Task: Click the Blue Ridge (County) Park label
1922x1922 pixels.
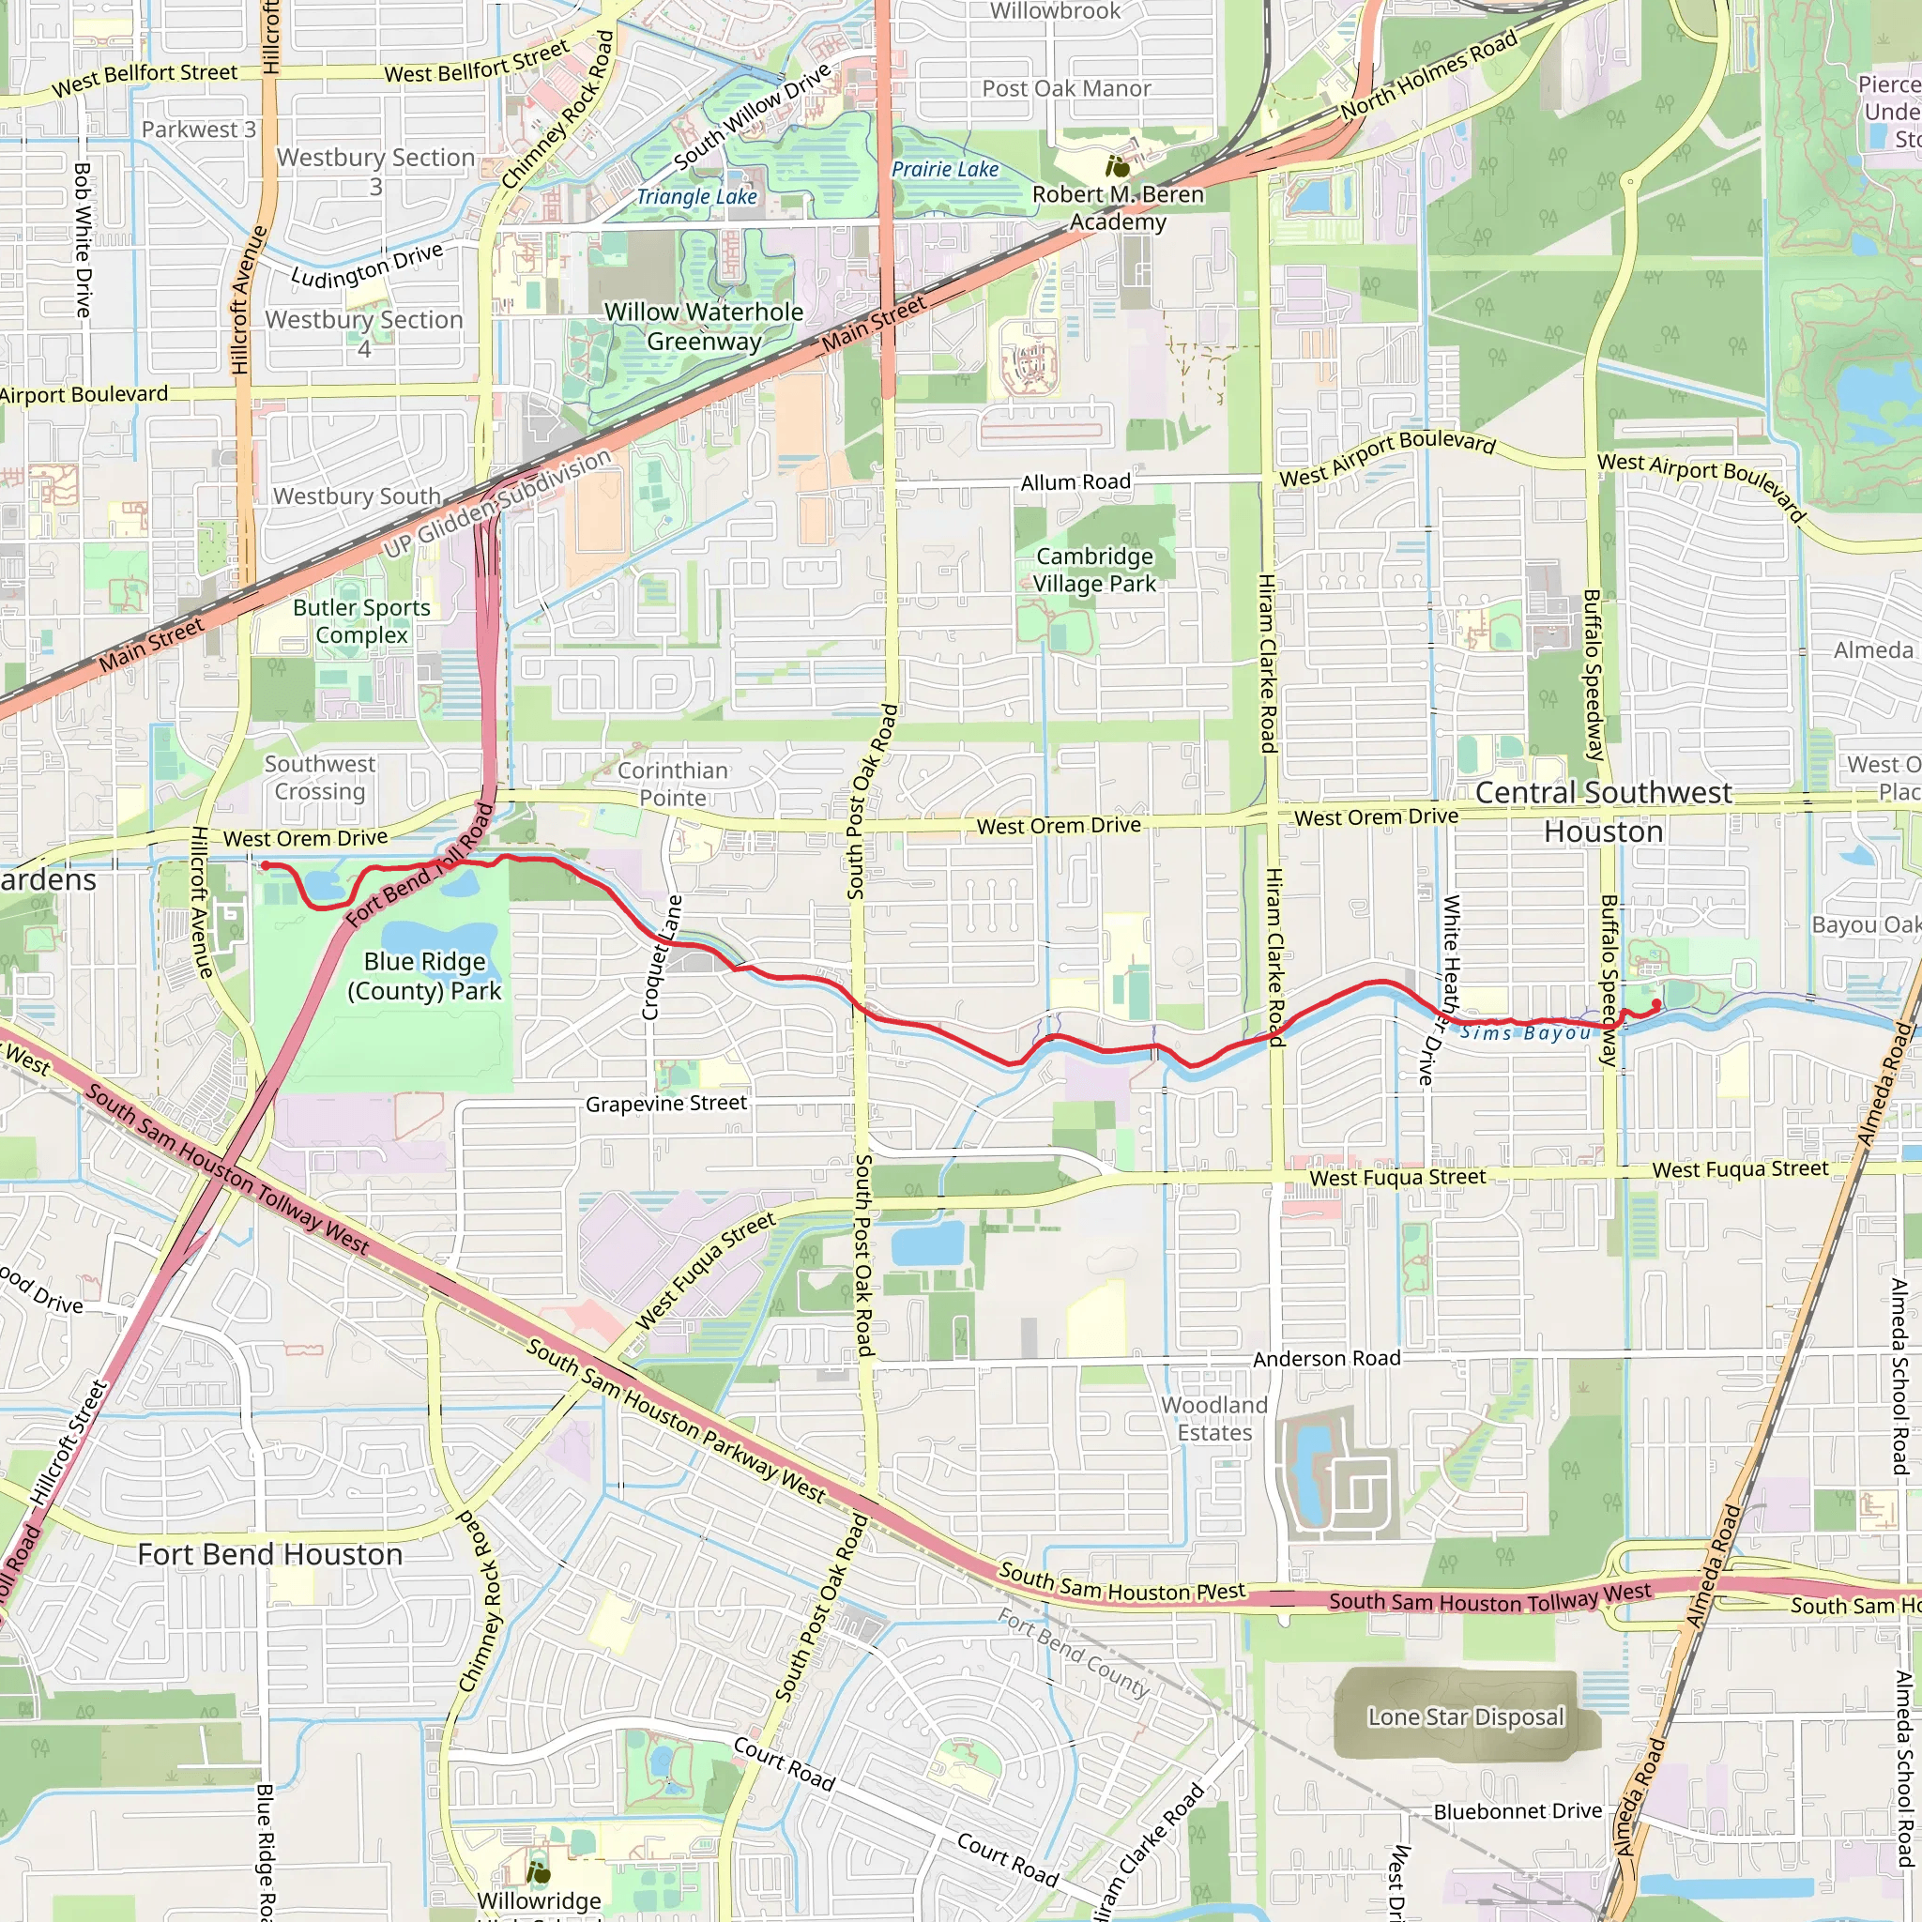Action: click(424, 976)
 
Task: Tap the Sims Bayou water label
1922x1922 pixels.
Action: click(1525, 1033)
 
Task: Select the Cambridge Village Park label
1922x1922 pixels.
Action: click(1094, 570)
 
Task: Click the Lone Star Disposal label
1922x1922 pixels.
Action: click(1465, 1717)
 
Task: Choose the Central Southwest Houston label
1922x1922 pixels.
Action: click(1604, 812)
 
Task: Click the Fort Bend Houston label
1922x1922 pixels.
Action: click(269, 1555)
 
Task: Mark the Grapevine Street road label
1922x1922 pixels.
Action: click(665, 1104)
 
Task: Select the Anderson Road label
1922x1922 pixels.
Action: click(1326, 1359)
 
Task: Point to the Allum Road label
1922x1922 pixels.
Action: click(1075, 482)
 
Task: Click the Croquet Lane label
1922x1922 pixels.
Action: click(663, 957)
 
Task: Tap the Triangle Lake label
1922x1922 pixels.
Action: click(696, 197)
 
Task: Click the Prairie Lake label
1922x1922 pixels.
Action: click(944, 169)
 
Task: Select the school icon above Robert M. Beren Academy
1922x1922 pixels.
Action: click(1117, 165)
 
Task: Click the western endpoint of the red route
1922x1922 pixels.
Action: click(266, 865)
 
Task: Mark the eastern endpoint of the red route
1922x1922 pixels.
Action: click(1655, 1006)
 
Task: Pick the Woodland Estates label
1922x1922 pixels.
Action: click(1214, 1419)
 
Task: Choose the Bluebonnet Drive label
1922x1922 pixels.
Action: click(1518, 1811)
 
